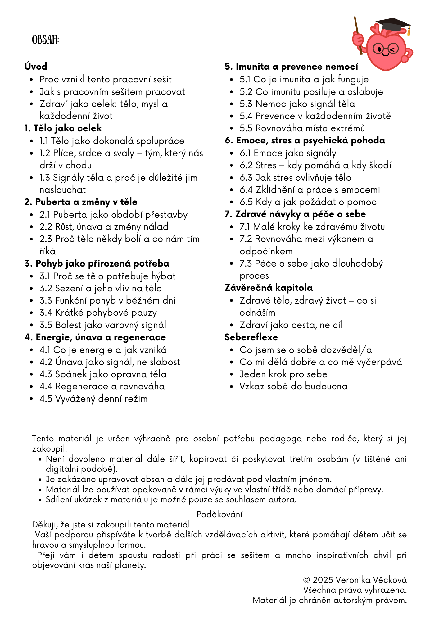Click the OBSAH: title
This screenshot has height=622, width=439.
(45, 40)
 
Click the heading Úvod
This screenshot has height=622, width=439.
(36, 66)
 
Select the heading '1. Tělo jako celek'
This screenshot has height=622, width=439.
(63, 128)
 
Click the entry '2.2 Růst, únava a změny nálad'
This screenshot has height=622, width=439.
(104, 227)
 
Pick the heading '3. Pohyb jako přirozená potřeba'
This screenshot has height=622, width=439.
(97, 263)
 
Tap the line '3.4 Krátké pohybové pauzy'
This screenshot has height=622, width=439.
(98, 313)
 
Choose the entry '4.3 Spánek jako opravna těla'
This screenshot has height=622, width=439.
(103, 374)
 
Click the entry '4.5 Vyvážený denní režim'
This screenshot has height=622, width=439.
(93, 399)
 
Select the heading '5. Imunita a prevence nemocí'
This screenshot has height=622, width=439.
(291, 67)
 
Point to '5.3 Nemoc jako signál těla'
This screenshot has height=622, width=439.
(297, 104)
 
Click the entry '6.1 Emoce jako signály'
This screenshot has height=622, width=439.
(288, 153)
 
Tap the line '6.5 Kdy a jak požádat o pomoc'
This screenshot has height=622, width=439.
(308, 202)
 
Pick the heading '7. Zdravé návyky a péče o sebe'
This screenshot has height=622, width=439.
(295, 214)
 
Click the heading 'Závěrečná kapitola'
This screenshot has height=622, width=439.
(269, 288)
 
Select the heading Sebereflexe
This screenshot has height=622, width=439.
(251, 337)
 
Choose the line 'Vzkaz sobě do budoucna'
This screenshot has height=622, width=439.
(293, 386)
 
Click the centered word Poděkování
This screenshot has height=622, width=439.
(219, 514)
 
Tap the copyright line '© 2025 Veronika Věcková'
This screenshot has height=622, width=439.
(355, 580)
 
